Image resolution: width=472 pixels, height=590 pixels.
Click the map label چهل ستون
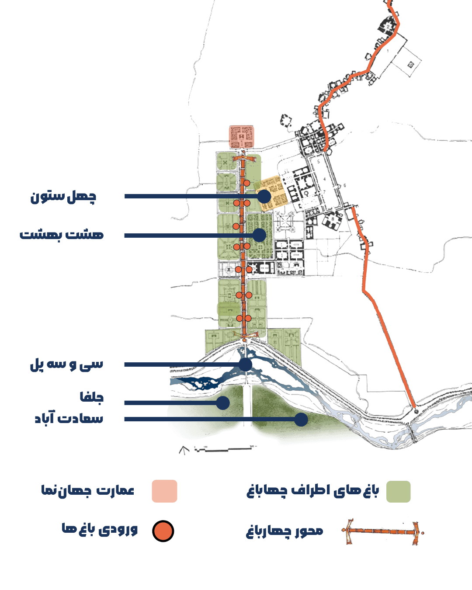(63, 196)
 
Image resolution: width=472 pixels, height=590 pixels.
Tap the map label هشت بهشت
(62, 235)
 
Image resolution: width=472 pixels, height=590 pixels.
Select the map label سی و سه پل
(66, 364)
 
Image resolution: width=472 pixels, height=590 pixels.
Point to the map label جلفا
(91, 397)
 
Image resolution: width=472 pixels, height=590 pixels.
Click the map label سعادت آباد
(69, 418)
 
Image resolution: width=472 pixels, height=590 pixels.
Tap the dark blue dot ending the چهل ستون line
(264, 196)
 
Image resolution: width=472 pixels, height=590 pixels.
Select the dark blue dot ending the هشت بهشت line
(259, 235)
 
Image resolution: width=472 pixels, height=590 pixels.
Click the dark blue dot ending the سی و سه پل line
(246, 364)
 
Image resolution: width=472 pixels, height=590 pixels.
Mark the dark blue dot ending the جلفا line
(223, 403)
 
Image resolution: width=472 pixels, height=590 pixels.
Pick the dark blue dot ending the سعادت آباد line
(301, 419)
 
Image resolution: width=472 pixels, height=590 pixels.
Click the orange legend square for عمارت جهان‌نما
(164, 491)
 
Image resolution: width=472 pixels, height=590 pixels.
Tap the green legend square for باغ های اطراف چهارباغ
(398, 492)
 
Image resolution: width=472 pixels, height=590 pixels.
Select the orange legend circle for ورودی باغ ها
(163, 531)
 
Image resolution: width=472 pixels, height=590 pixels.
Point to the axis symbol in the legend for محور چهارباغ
(382, 532)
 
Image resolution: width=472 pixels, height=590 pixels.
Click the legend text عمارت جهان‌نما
(88, 490)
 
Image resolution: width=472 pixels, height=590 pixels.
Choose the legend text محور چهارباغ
(285, 531)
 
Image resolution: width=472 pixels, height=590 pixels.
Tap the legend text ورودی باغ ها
(100, 529)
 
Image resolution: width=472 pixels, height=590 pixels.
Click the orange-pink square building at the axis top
(241, 137)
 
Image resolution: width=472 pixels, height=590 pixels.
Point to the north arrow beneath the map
(184, 450)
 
